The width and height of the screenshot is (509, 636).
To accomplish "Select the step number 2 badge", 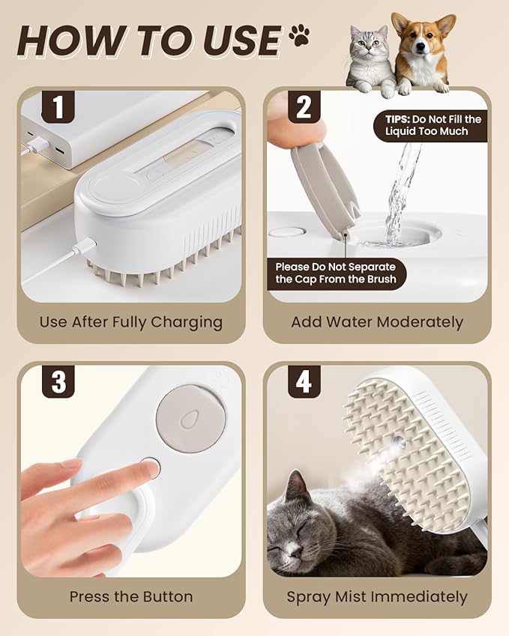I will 304,107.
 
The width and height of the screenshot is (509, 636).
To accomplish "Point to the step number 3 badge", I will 58,383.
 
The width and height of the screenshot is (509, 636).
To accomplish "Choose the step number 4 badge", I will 304,383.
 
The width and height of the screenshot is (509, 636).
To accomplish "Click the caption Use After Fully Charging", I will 131,322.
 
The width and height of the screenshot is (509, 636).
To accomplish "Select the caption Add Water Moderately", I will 377,322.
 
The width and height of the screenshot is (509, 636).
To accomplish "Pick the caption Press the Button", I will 131,597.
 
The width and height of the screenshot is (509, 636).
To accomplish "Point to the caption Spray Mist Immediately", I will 377,597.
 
